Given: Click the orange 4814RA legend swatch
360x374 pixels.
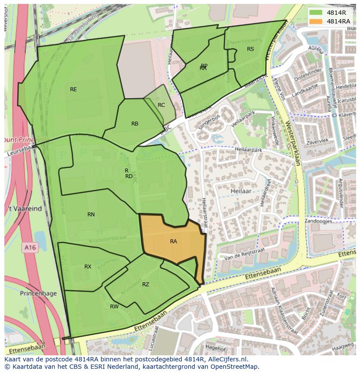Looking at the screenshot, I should point(317,21).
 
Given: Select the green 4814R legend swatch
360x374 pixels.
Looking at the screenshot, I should point(317,12).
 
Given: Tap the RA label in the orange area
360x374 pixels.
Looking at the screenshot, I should point(173,241).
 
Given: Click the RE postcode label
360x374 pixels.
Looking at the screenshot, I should point(73,89).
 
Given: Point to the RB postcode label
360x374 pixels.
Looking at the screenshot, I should point(135,124).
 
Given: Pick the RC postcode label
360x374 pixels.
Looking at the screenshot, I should point(161,105).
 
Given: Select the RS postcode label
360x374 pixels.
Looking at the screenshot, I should point(250,49).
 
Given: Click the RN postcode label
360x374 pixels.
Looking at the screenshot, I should point(91,215).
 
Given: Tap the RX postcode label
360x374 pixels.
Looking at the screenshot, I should point(88,267).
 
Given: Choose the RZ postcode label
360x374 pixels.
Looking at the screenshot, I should point(146,285).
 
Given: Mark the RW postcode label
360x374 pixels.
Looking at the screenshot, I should point(114,307).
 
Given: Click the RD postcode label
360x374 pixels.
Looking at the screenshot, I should point(129,176).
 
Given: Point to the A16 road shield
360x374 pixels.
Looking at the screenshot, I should point(30,247).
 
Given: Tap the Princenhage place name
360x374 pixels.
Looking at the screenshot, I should point(38,294).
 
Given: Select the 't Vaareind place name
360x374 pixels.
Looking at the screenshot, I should point(24,209).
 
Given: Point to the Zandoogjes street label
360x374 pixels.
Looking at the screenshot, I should point(318,221).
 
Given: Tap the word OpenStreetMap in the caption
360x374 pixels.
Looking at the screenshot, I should point(236,367).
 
